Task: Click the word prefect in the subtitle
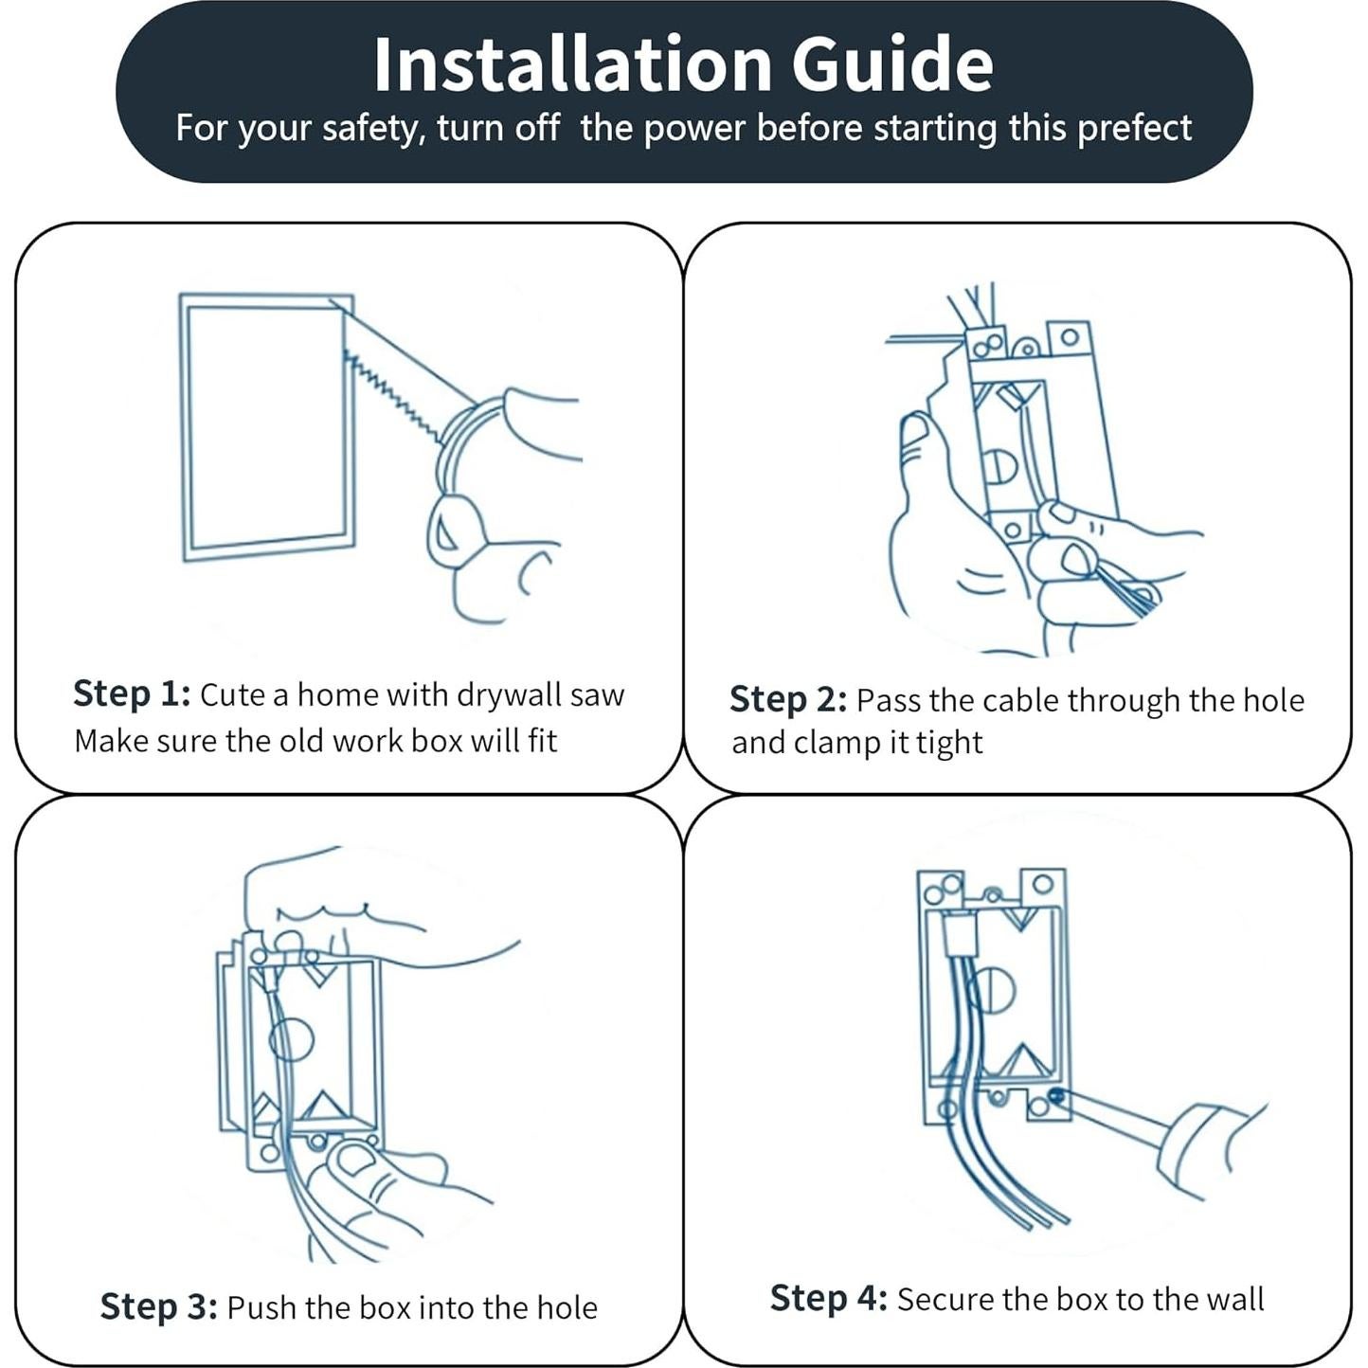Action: point(1134,129)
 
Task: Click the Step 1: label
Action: point(132,693)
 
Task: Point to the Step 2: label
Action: point(788,699)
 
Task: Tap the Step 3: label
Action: point(158,1306)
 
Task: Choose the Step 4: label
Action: point(828,1298)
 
